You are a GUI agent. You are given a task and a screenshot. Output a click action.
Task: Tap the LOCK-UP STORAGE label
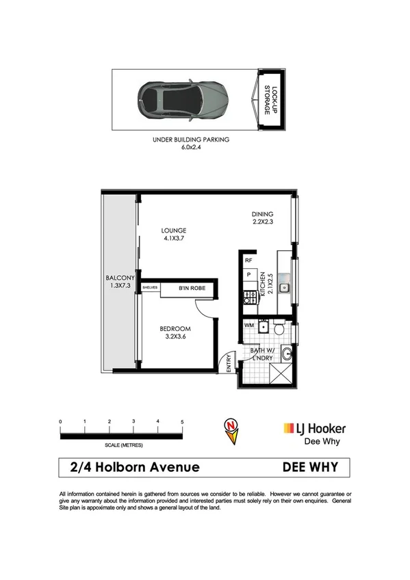pyautogui.click(x=272, y=100)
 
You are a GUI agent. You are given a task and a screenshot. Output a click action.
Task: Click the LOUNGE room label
pyautogui.click(x=174, y=235)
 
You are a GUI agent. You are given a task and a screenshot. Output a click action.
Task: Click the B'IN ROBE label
pyautogui.click(x=192, y=288)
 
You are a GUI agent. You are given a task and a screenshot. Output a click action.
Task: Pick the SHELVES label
pyautogui.click(x=150, y=288)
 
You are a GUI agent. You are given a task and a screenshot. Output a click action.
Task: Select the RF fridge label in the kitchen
pyautogui.click(x=249, y=261)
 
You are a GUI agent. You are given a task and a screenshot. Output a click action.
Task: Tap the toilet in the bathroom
pyautogui.click(x=278, y=330)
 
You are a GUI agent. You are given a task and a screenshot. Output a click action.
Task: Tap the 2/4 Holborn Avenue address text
pyautogui.click(x=135, y=468)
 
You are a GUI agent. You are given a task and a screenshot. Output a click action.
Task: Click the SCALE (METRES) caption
pyautogui.click(x=121, y=445)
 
